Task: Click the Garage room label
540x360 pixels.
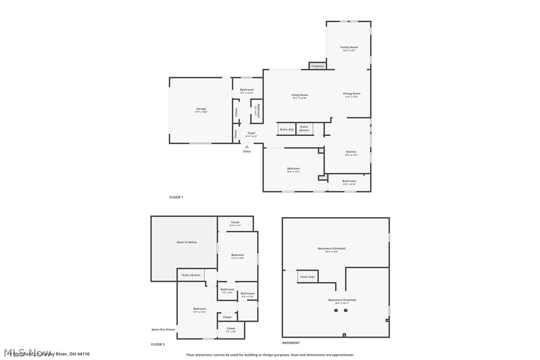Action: [x=201, y=109]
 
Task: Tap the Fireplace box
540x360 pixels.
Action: [x=317, y=66]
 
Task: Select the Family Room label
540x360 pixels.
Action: [x=349, y=47]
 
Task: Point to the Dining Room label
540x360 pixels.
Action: [x=352, y=93]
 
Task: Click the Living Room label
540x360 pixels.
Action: [x=299, y=95]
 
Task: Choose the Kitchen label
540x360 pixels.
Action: [x=351, y=152]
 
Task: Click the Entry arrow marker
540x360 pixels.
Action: [x=247, y=147]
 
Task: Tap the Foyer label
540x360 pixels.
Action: [x=251, y=133]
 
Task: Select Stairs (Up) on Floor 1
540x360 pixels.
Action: [x=286, y=129]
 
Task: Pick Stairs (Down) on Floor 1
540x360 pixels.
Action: [x=304, y=128]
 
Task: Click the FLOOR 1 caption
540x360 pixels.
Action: [x=176, y=197]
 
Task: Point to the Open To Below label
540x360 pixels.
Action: [x=186, y=242]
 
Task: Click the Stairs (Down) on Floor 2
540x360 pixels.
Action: [x=191, y=275]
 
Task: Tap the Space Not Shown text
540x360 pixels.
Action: [x=163, y=329]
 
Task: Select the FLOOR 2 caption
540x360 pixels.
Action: [x=158, y=344]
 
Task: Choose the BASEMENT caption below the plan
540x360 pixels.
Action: [x=291, y=343]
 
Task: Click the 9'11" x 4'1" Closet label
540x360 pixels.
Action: [x=235, y=222]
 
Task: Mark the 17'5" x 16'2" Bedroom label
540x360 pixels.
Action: [x=199, y=309]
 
